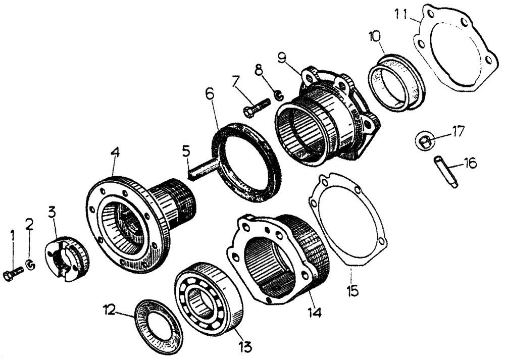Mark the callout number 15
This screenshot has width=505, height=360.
pos(445,172)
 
